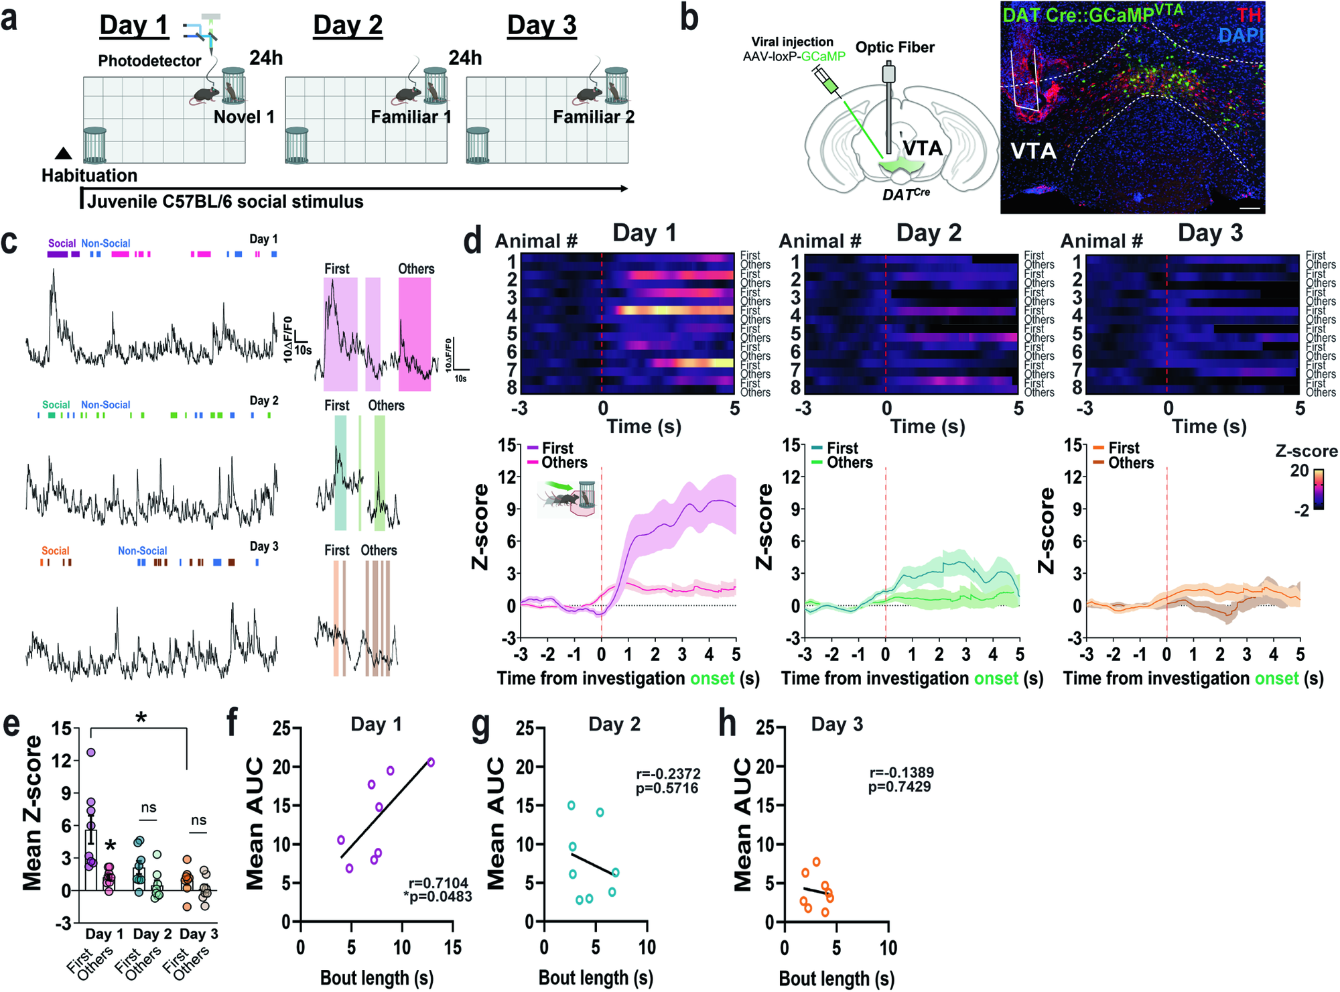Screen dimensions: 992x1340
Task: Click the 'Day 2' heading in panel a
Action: click(348, 25)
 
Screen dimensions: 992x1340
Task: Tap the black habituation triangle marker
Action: click(63, 153)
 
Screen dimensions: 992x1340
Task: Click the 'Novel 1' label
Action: click(244, 117)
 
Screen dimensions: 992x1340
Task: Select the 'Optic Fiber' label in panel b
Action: click(894, 48)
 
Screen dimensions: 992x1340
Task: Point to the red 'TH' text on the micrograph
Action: click(1250, 15)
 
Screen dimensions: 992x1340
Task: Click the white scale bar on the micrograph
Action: click(1250, 209)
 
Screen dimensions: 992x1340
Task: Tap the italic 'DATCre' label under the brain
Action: click(906, 194)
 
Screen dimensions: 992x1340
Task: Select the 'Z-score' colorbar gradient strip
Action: click(1318, 489)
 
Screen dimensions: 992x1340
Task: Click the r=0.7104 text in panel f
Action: click(439, 883)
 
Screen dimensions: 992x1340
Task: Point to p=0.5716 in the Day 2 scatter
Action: click(667, 788)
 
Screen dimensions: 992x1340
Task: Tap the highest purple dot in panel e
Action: click(91, 752)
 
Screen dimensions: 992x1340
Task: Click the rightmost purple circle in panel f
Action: click(431, 762)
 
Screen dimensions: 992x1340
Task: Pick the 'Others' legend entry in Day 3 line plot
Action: click(1130, 463)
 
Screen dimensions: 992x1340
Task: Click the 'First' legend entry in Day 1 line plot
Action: click(557, 448)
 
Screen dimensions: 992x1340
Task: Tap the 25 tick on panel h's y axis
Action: click(765, 728)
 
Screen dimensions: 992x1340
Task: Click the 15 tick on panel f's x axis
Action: click(453, 947)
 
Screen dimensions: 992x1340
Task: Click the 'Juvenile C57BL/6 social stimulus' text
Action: click(225, 202)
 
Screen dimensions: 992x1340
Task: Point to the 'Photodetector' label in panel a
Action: click(149, 61)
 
